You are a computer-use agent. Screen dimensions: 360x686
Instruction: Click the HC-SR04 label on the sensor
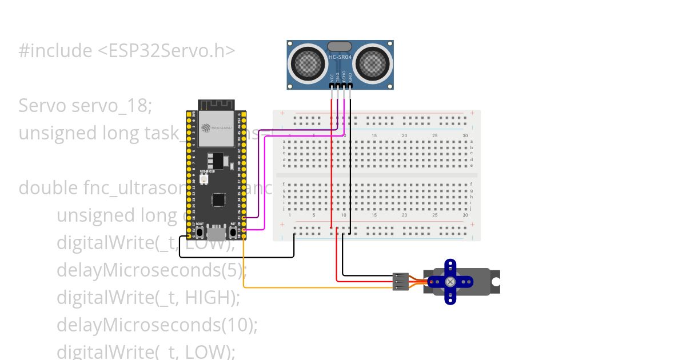pyautogui.click(x=340, y=57)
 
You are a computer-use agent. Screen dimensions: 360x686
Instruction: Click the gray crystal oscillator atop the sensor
pyautogui.click(x=340, y=46)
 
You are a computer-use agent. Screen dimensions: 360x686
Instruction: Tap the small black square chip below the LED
pyautogui.click(x=218, y=199)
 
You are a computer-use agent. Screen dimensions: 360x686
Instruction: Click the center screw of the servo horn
pyautogui.click(x=450, y=282)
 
